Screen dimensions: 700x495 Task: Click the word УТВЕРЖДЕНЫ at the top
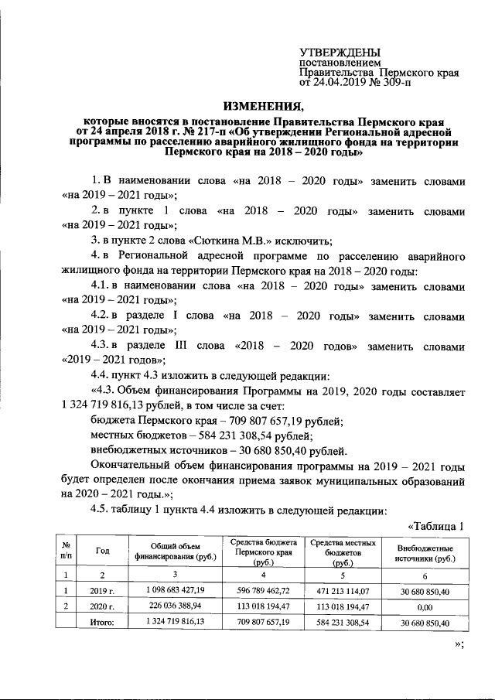click(340, 52)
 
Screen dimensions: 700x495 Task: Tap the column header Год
click(102, 551)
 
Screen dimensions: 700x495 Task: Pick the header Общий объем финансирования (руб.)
click(174, 551)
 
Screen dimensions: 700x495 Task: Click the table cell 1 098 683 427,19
click(174, 590)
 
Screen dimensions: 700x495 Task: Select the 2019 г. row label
click(102, 590)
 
